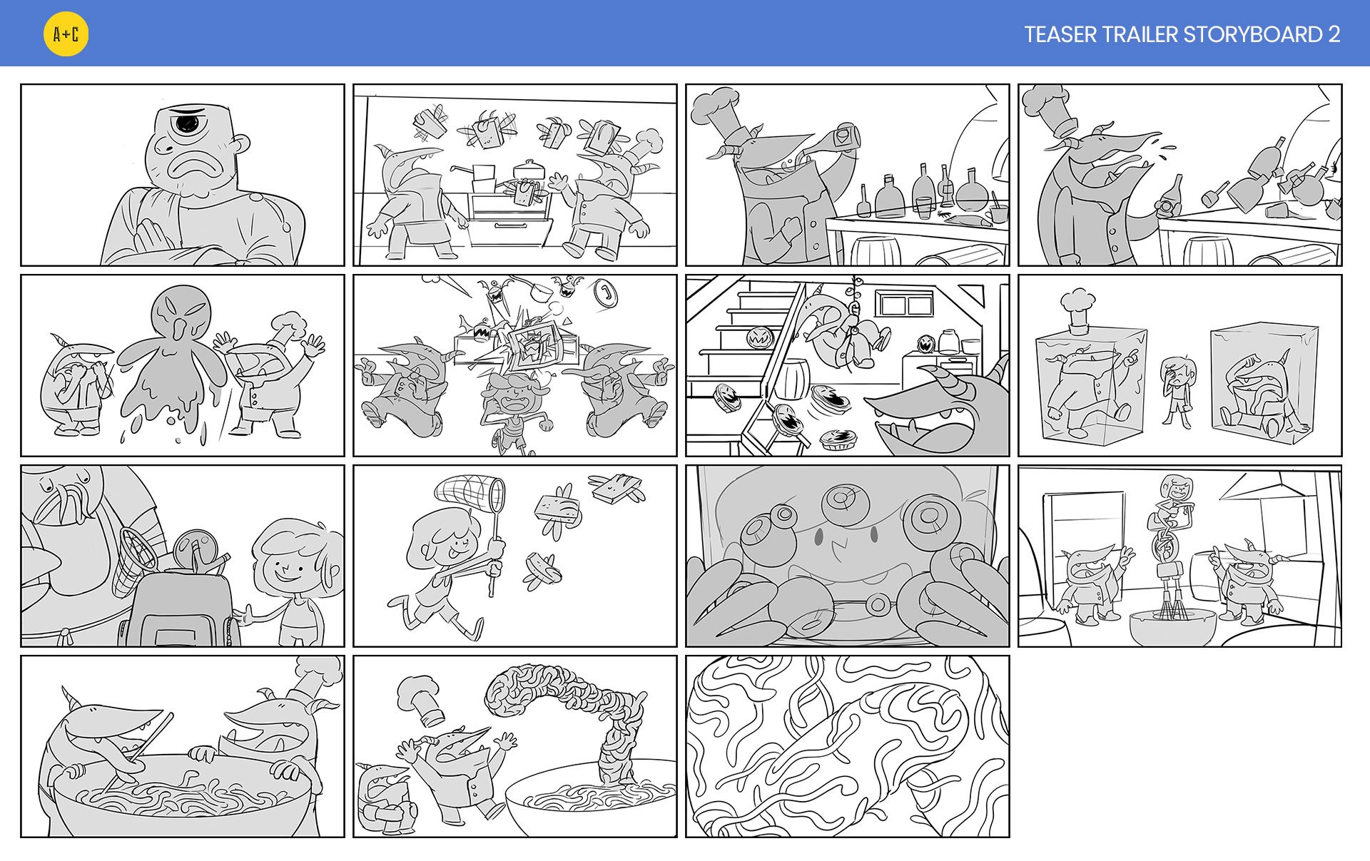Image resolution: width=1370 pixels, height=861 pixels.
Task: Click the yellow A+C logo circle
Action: pyautogui.click(x=66, y=34)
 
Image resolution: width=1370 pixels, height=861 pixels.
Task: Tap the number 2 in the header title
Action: pyautogui.click(x=1334, y=34)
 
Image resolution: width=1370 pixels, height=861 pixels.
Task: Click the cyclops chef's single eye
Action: pyautogui.click(x=187, y=123)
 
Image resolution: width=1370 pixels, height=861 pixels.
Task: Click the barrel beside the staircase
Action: pyautogui.click(x=790, y=379)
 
